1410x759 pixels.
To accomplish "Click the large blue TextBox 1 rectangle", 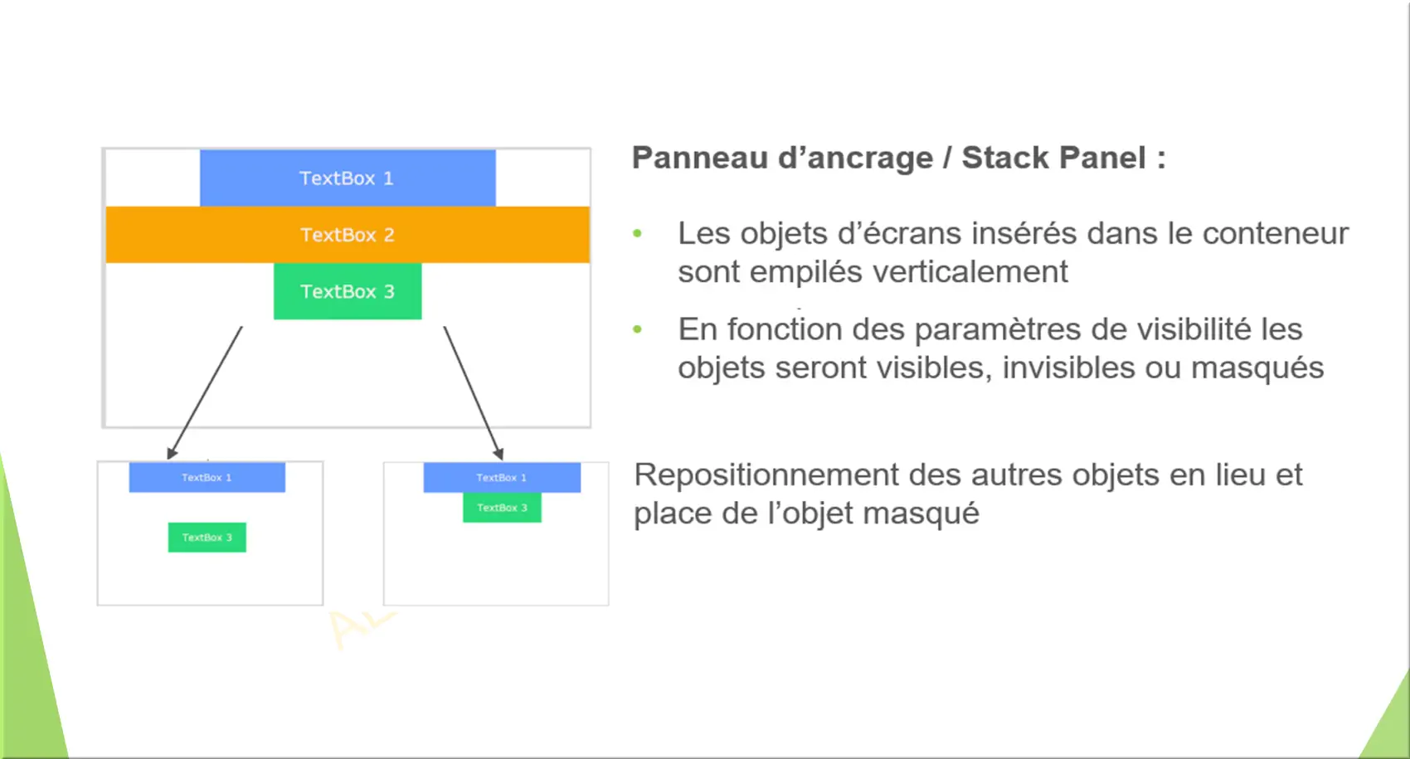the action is coord(348,178).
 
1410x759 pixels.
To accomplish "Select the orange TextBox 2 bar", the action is coord(348,235).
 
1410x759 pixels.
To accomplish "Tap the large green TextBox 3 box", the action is coord(348,291).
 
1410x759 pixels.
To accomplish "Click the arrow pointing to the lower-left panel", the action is coord(205,392).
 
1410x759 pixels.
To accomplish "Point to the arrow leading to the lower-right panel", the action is coord(474,392).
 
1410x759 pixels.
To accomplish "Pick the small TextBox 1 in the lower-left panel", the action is coord(207,478).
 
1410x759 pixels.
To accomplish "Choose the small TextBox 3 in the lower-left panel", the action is coord(207,538).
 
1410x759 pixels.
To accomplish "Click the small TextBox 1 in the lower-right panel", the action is coord(502,478).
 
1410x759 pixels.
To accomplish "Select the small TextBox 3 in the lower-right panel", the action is coord(502,508).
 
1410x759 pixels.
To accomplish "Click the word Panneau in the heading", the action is coord(699,158).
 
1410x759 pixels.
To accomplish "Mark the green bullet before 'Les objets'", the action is coord(637,233).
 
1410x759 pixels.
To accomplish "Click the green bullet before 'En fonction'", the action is coord(637,329).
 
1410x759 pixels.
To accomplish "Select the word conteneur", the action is coord(1276,233).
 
